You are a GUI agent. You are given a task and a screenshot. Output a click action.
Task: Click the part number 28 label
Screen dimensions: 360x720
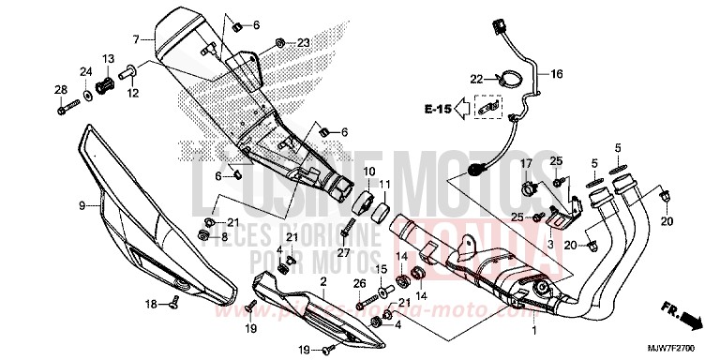[x=61, y=90]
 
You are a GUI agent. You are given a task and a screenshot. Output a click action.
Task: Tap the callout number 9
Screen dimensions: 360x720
[x=82, y=205]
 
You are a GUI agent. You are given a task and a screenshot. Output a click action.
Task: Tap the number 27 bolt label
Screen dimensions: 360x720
[x=343, y=253]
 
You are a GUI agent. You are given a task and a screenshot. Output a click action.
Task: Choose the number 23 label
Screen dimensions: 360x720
[x=303, y=43]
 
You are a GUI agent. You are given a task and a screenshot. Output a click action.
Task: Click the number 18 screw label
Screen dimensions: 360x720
[x=150, y=304]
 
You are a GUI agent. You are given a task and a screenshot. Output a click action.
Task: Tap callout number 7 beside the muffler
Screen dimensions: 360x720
[x=136, y=39]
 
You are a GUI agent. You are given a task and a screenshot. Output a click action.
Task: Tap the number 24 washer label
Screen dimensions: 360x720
[x=85, y=71]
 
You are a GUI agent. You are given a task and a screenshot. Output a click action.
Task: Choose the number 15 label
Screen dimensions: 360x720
[x=382, y=269]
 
